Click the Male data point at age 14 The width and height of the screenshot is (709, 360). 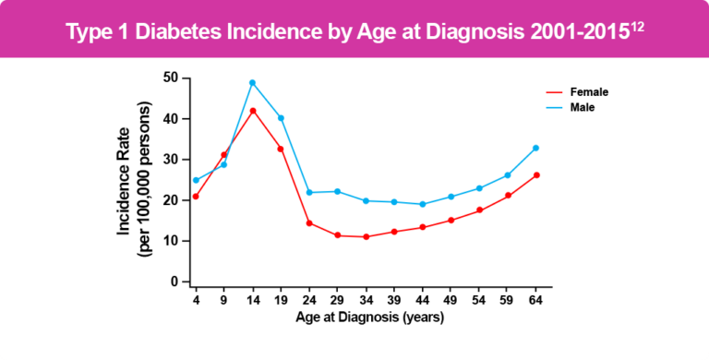coord(253,83)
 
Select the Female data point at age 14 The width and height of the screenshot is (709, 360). coord(253,111)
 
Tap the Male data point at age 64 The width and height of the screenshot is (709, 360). coord(535,148)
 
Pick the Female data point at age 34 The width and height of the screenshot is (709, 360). coord(366,237)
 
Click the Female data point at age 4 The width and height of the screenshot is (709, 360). coord(196,197)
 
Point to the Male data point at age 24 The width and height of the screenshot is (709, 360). coord(309,192)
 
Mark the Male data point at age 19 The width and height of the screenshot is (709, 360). coord(281,118)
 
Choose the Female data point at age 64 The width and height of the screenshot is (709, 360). coord(535,175)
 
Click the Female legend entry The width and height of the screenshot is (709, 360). coord(589,92)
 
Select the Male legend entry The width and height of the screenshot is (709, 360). coord(582,108)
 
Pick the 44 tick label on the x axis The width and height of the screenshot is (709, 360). coord(422,301)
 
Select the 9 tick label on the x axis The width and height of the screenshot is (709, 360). coord(224,301)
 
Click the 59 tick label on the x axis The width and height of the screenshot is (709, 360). coord(507,301)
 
